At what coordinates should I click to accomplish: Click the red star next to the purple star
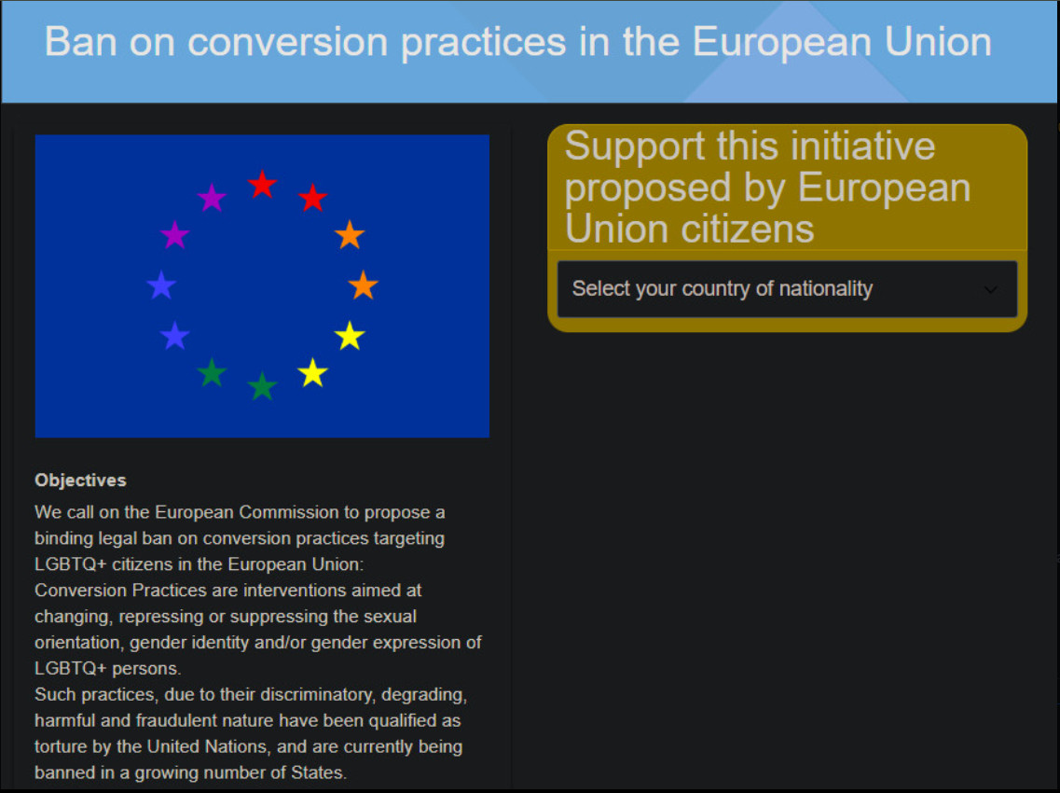pos(262,184)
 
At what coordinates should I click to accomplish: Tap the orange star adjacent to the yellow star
pos(363,285)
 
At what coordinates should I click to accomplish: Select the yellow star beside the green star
pos(313,373)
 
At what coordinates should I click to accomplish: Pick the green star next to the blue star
pos(212,373)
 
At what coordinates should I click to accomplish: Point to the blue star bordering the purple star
pos(161,285)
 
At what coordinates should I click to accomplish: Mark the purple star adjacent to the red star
pos(212,198)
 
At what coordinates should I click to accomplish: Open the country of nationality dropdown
pos(787,289)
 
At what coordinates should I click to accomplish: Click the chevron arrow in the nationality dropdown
pos(990,289)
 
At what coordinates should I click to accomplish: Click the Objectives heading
pos(80,480)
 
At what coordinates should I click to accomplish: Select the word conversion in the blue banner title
pos(287,42)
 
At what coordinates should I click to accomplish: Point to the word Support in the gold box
pos(635,146)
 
